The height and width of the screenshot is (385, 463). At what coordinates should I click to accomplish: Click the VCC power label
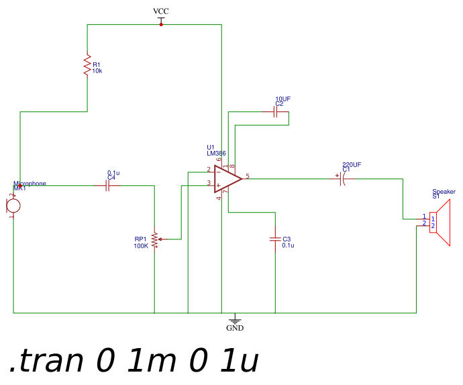(161, 11)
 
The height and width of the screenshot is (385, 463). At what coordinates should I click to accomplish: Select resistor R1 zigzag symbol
(87, 66)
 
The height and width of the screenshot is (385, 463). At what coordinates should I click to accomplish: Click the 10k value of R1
(97, 70)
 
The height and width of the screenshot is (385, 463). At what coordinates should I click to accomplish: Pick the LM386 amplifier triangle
(227, 178)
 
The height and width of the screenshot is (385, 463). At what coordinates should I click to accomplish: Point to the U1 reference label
(211, 147)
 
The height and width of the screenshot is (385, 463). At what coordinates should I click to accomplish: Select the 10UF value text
(283, 99)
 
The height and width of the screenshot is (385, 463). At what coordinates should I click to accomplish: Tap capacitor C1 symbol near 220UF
(342, 178)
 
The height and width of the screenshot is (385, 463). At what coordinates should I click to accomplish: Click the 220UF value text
(352, 164)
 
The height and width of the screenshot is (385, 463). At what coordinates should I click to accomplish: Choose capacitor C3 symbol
(275, 239)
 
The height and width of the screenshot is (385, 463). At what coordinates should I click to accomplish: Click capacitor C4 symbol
(107, 185)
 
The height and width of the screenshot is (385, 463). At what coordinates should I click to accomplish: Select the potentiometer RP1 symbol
(155, 239)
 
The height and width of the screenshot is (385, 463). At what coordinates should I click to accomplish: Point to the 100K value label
(141, 246)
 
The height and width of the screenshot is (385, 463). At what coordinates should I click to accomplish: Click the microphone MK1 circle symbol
(13, 205)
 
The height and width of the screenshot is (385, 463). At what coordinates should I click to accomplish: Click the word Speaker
(444, 192)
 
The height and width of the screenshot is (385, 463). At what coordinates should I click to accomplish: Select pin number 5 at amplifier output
(248, 176)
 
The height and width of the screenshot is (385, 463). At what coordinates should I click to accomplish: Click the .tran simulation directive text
(134, 362)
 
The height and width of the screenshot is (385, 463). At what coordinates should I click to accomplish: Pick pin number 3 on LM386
(208, 182)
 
